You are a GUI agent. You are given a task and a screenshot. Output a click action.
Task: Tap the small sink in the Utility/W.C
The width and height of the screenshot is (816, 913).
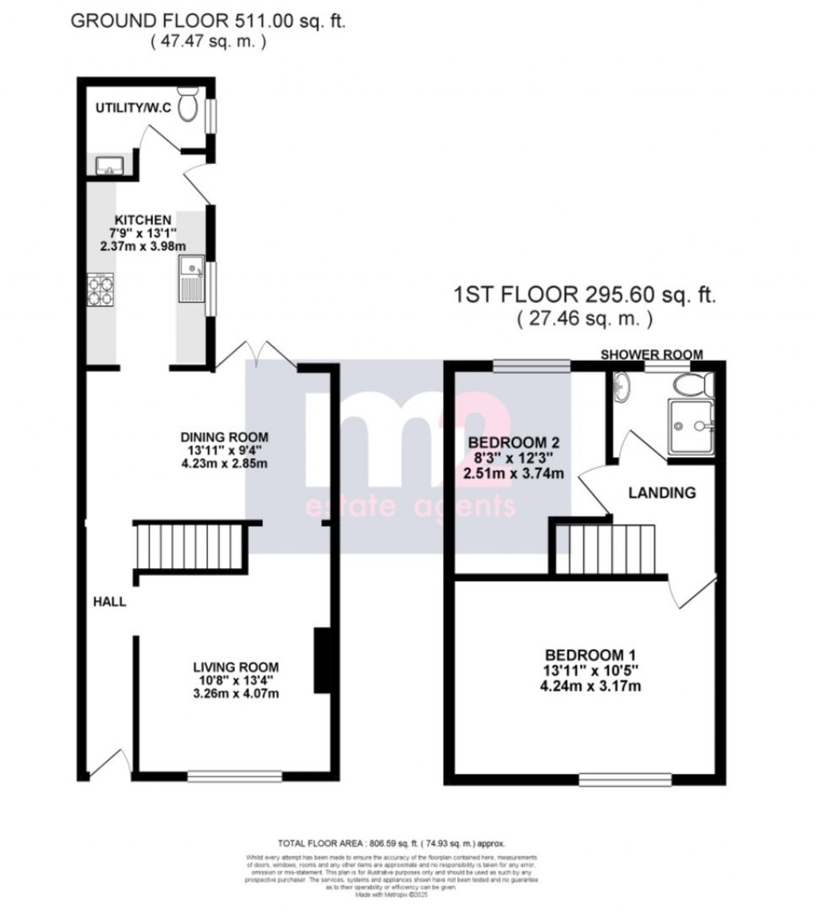(x=108, y=165)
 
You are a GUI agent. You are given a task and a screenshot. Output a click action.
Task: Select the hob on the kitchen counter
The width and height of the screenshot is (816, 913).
(x=101, y=288)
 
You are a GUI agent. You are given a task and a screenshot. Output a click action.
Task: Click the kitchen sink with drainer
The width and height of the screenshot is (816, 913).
(x=192, y=279)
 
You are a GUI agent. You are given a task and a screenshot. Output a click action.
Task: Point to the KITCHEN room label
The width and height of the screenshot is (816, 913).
(x=143, y=220)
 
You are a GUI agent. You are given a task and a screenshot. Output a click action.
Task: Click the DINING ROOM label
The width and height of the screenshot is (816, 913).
(x=224, y=437)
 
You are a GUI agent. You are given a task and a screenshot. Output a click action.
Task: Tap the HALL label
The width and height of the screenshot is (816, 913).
(x=108, y=602)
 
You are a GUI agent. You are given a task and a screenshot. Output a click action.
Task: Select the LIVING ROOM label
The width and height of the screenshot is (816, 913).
(x=236, y=668)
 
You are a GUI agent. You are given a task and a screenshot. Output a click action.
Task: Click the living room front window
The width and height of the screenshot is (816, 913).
(x=235, y=775)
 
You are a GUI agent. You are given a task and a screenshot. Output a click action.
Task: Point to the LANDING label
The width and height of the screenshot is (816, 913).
(x=662, y=493)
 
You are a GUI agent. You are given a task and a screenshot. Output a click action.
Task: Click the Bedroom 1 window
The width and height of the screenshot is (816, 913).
(x=625, y=778)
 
